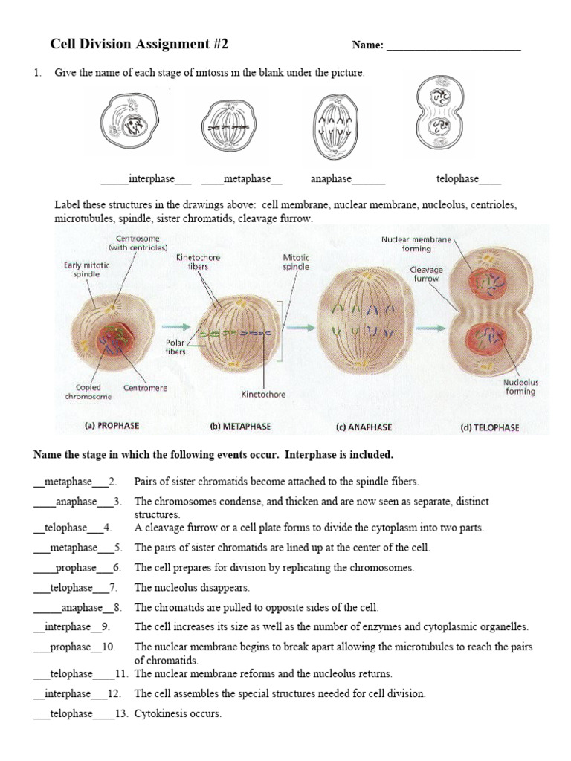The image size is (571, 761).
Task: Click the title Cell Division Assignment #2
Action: tap(139, 45)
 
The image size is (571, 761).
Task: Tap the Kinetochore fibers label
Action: tap(198, 262)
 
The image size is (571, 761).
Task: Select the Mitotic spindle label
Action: tap(296, 262)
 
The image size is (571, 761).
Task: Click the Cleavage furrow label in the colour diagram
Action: tap(428, 273)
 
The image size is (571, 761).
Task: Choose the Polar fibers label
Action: tap(175, 347)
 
